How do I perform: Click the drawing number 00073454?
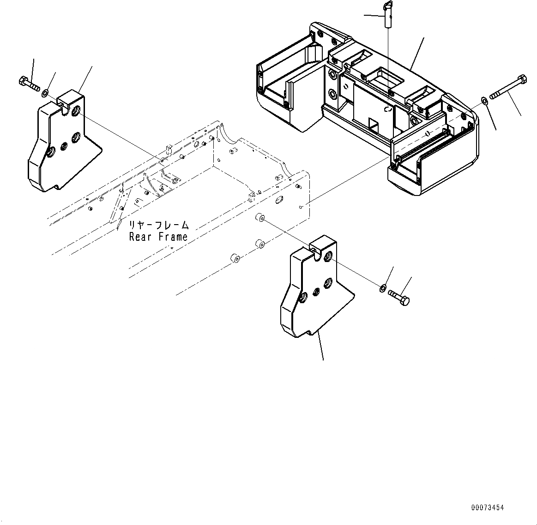pos(487,508)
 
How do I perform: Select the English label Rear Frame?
pos(158,237)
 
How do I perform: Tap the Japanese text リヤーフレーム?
pos(158,226)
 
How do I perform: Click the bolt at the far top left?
pos(28,85)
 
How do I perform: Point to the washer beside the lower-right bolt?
pos(383,289)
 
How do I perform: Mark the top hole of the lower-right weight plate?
pos(328,256)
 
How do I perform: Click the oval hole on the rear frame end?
pos(278,200)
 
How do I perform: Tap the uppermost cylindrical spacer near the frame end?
pos(259,217)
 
